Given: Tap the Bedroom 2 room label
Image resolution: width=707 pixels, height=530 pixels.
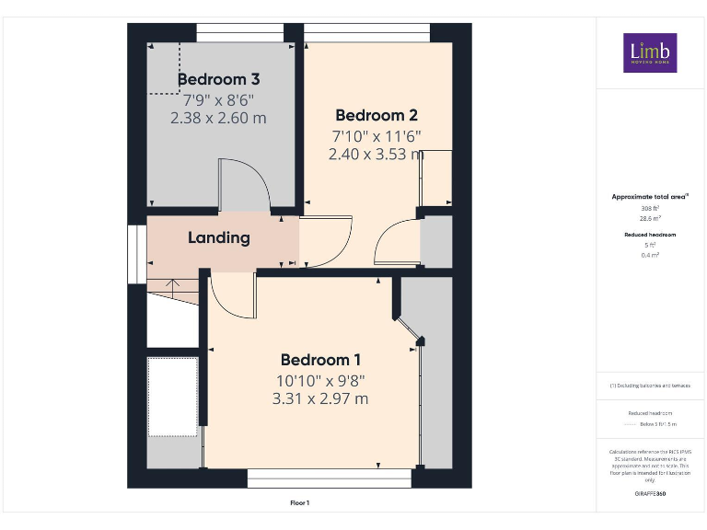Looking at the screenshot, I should pyautogui.click(x=377, y=115).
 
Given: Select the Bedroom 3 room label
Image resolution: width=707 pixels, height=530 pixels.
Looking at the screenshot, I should pyautogui.click(x=218, y=79).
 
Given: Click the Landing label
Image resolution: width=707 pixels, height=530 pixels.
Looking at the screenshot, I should pyautogui.click(x=219, y=237).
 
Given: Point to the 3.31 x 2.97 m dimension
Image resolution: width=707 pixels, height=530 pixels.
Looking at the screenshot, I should pyautogui.click(x=320, y=398).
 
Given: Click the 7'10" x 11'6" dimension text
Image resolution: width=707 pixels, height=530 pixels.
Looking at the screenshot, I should pyautogui.click(x=377, y=135).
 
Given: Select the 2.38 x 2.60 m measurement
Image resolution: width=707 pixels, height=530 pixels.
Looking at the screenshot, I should pyautogui.click(x=218, y=118).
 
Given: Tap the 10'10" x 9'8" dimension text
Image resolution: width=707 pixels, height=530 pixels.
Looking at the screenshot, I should pyautogui.click(x=320, y=379).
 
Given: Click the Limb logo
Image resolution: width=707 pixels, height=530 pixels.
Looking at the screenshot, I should pyautogui.click(x=650, y=53).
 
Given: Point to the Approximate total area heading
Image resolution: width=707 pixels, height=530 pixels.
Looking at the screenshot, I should pyautogui.click(x=650, y=197).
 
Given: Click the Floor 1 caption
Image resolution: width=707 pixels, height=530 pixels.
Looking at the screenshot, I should pyautogui.click(x=300, y=503).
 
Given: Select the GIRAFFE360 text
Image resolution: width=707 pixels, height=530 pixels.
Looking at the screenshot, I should pyautogui.click(x=650, y=495).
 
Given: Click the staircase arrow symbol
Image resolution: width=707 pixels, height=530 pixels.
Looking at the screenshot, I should pyautogui.click(x=172, y=284).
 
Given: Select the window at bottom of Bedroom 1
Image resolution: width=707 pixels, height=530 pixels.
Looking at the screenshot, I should pyautogui.click(x=330, y=478).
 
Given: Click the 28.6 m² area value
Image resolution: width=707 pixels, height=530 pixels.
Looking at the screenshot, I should pyautogui.click(x=650, y=219).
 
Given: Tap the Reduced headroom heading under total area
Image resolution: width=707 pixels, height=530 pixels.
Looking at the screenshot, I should pyautogui.click(x=650, y=235).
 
